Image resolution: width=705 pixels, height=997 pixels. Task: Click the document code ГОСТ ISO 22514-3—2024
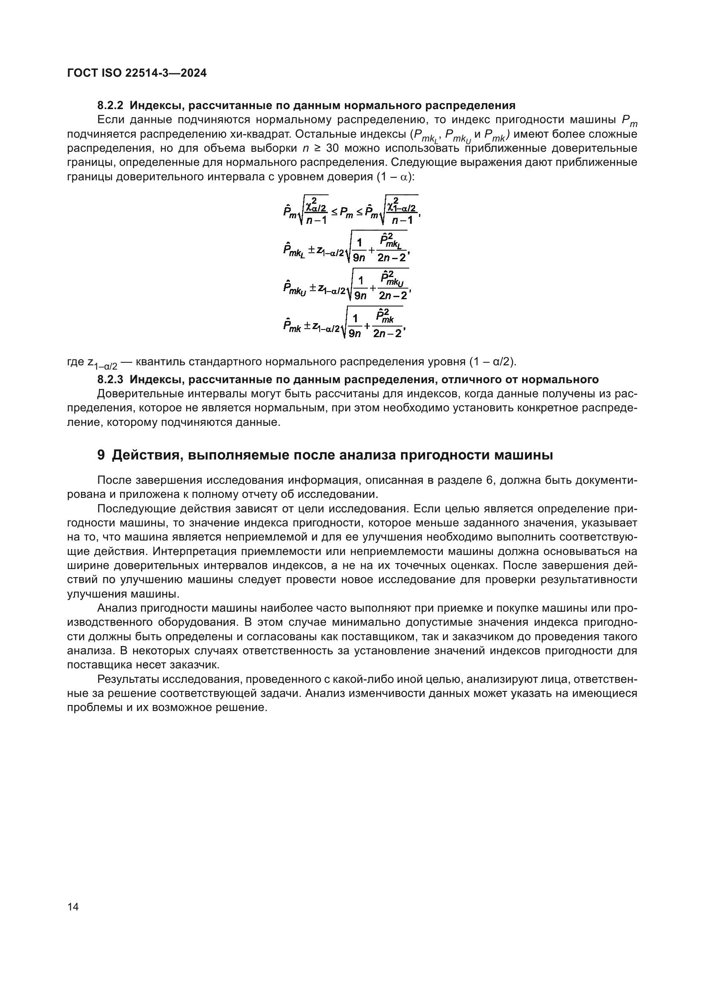point(137,73)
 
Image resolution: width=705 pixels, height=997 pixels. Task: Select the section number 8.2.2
point(110,105)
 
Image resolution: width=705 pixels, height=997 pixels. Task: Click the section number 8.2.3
point(110,379)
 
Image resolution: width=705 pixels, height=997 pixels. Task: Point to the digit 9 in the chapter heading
point(101,455)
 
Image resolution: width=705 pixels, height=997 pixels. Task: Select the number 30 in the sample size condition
point(332,148)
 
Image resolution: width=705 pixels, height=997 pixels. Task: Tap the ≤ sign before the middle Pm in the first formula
point(335,212)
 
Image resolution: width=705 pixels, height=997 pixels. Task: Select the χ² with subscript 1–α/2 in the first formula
point(402,205)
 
